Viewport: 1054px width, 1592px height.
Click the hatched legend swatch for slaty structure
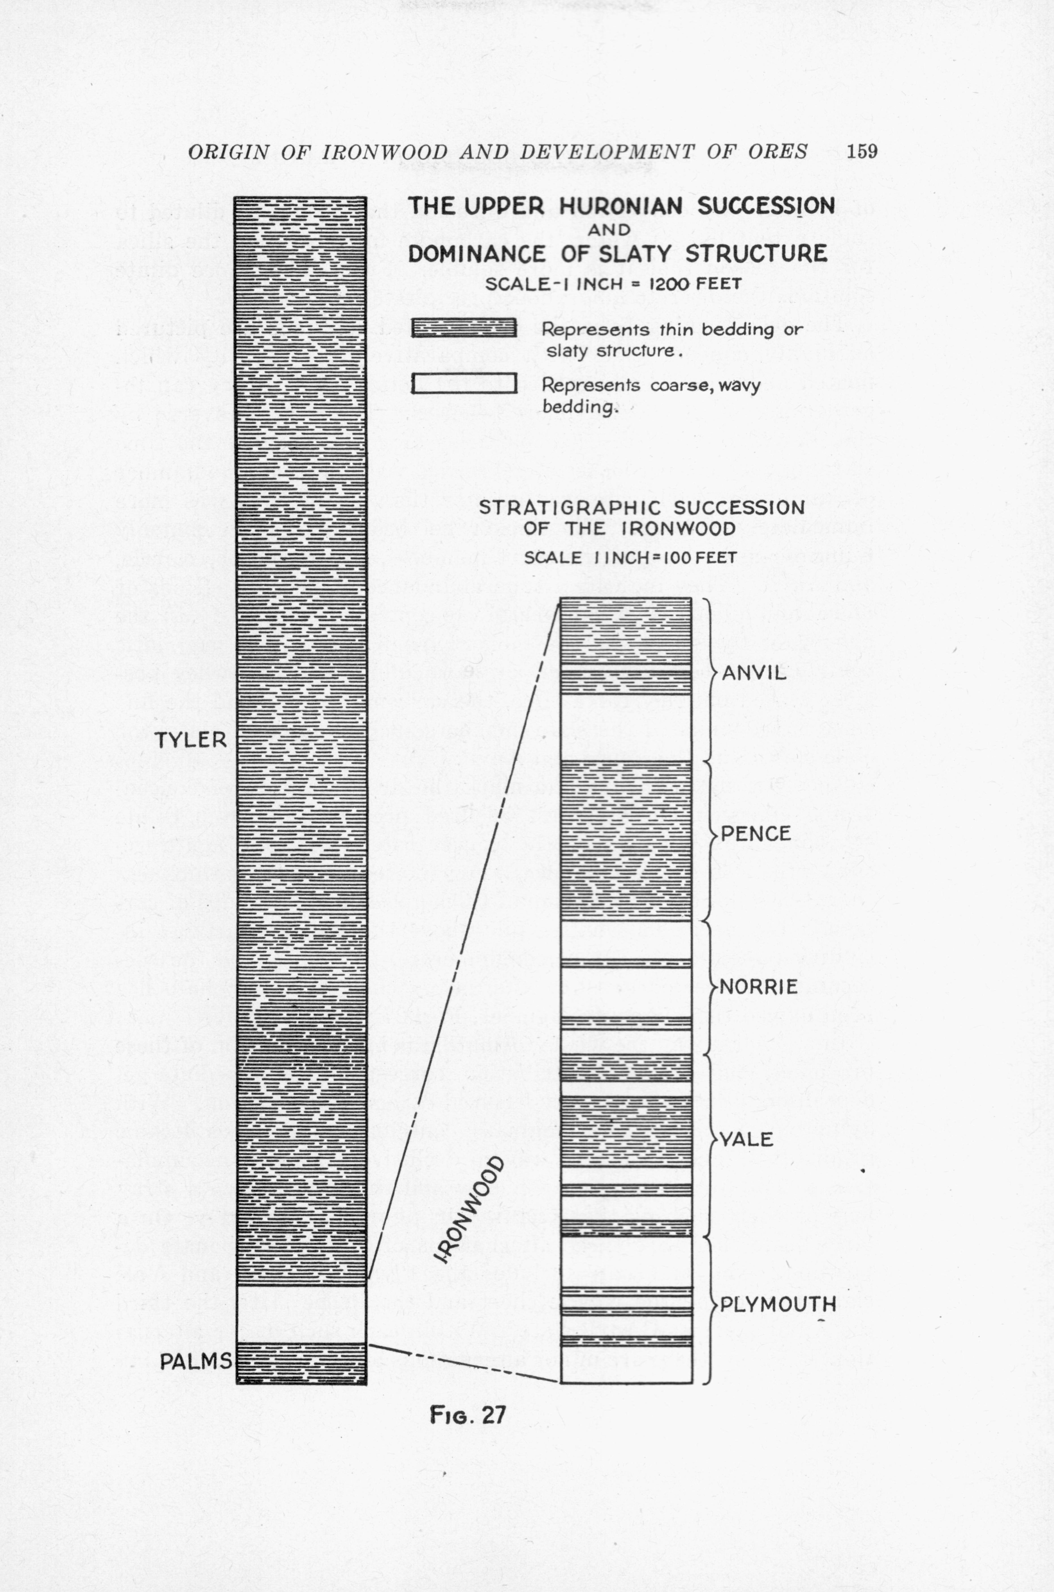pyautogui.click(x=464, y=328)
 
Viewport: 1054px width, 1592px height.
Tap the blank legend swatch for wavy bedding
pyautogui.click(x=464, y=383)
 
